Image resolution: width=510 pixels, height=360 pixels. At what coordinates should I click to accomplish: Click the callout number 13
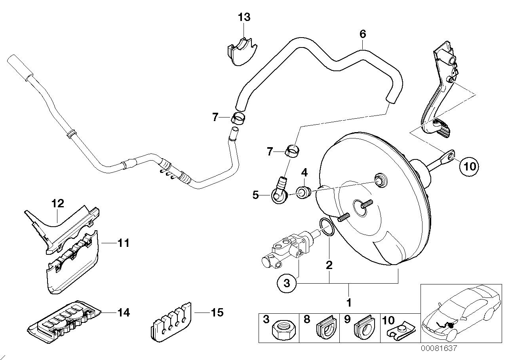[244, 17]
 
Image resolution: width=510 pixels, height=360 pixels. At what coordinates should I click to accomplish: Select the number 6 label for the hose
[363, 34]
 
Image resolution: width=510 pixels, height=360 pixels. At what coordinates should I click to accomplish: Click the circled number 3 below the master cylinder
[287, 283]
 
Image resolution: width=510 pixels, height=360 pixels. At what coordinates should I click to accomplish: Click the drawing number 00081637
[439, 349]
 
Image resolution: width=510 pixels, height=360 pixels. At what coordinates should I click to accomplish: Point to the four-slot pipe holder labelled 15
[171, 321]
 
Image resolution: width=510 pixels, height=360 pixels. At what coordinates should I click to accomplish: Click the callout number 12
[57, 204]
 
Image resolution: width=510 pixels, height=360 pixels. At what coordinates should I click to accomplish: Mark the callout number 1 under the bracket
[348, 303]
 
